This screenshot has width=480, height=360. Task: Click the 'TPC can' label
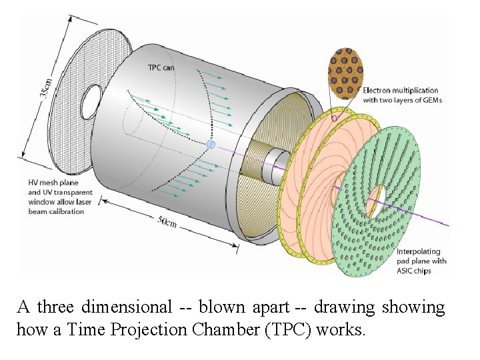point(162,67)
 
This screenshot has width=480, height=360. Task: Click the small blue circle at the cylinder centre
point(211,144)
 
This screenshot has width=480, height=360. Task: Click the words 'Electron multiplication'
point(400,90)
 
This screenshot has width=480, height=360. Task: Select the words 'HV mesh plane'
point(53,183)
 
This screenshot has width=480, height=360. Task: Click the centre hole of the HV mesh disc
point(90,101)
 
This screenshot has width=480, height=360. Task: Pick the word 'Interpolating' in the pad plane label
point(419,251)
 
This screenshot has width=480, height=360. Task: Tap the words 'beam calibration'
point(56,211)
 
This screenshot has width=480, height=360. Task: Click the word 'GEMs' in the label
point(431,100)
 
